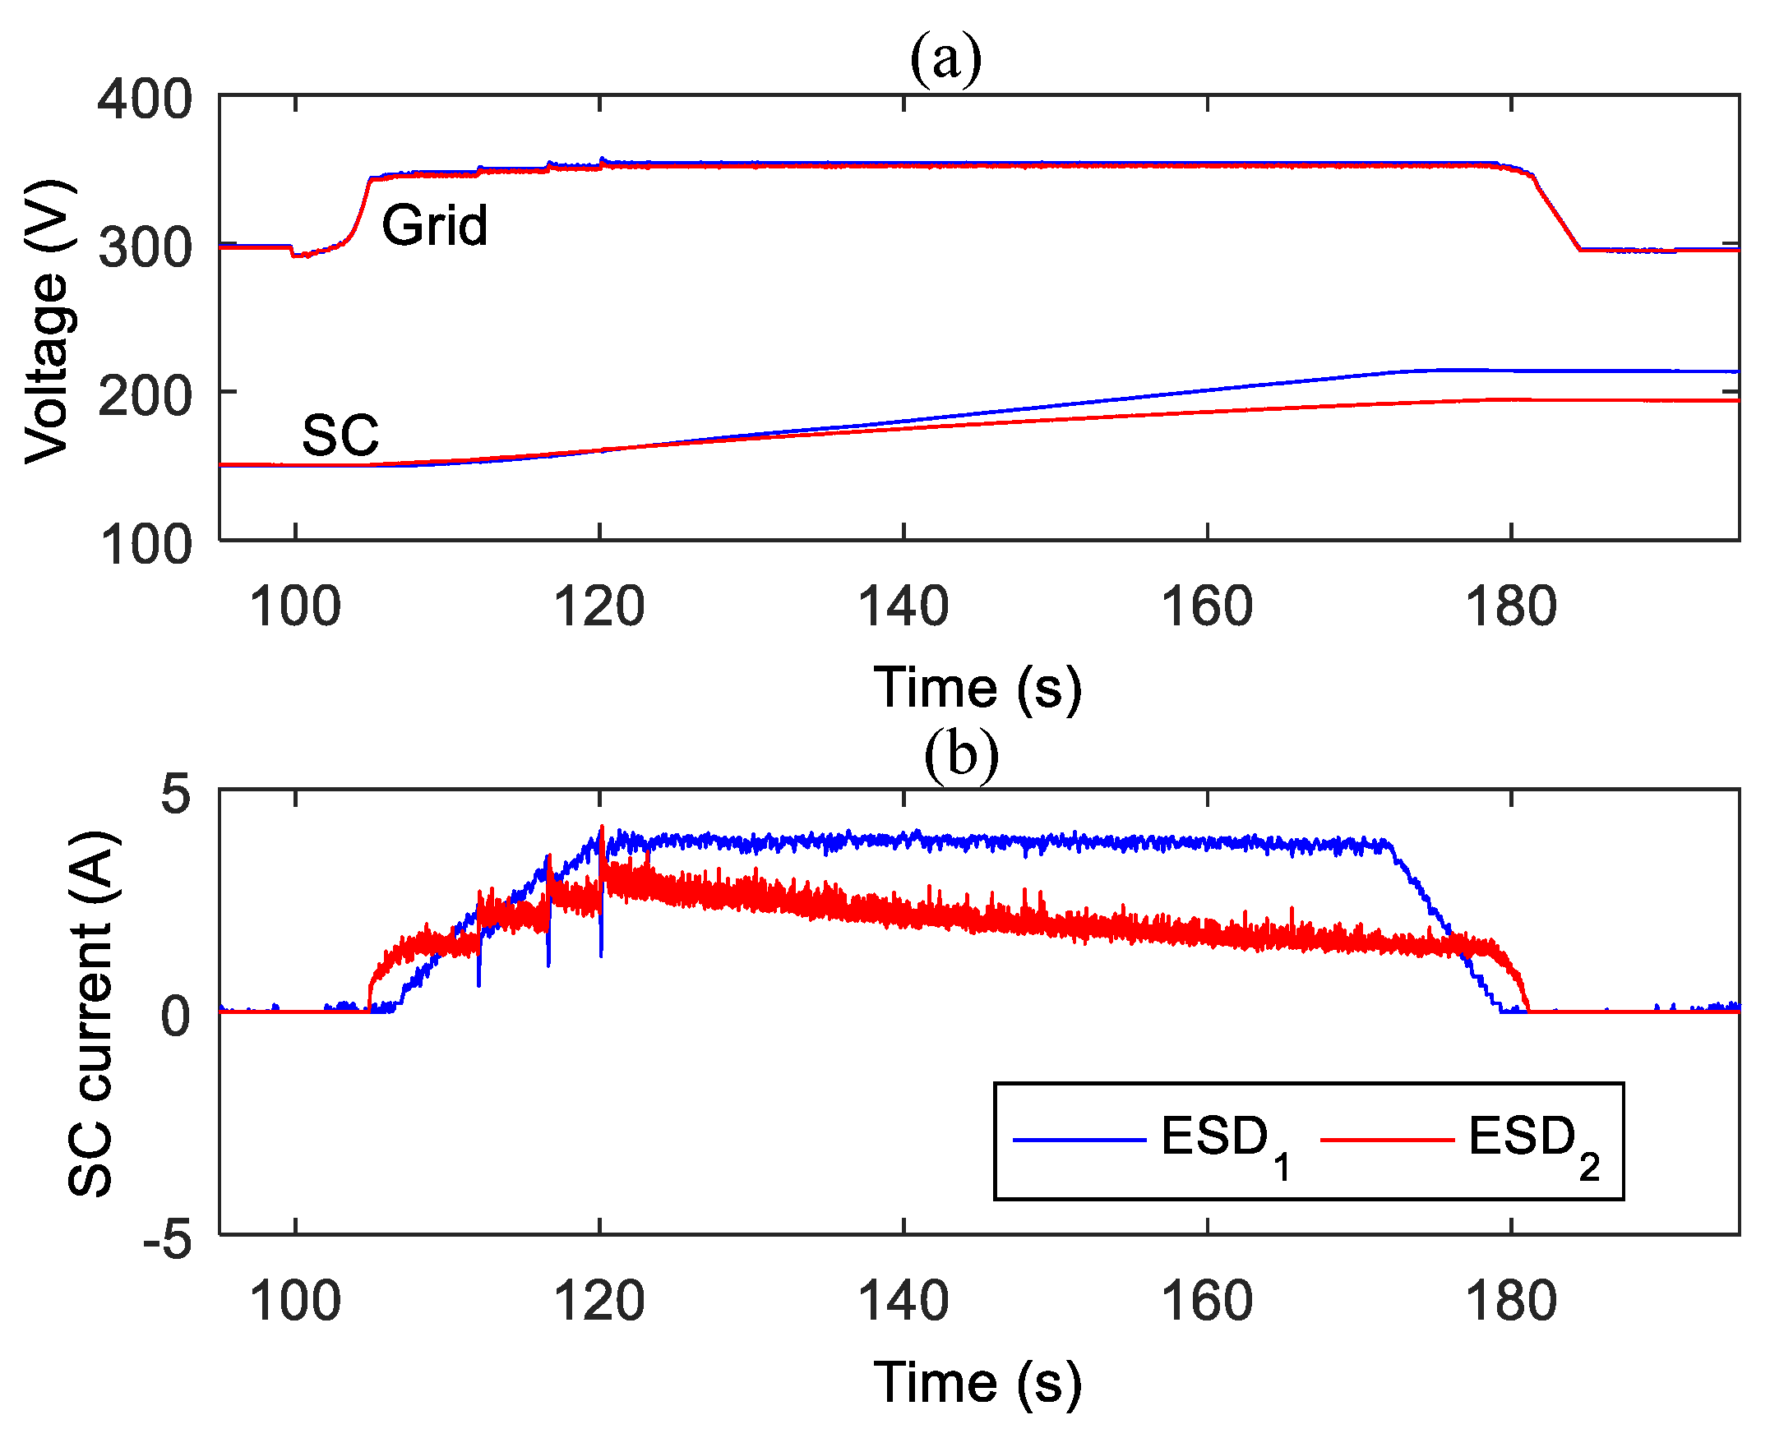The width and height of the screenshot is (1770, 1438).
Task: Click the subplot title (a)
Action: tap(945, 59)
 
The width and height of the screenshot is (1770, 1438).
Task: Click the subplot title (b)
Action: tap(960, 754)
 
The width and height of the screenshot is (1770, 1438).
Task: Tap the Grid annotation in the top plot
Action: tap(434, 225)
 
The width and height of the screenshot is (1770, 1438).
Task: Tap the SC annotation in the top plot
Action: tap(340, 436)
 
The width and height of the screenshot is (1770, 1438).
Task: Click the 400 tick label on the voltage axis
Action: tap(145, 100)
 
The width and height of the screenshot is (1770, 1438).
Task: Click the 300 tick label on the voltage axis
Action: tap(146, 247)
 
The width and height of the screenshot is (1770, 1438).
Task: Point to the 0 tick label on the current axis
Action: tap(176, 1016)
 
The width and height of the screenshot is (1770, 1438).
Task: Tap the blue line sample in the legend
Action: tap(1079, 1140)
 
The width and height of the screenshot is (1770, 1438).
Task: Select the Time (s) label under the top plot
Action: tap(977, 688)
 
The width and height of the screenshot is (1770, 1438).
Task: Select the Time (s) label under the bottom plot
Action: tap(977, 1382)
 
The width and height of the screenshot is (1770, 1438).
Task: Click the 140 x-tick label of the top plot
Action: tap(903, 607)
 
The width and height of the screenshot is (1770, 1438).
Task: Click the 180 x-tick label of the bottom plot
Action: tap(1511, 1302)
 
